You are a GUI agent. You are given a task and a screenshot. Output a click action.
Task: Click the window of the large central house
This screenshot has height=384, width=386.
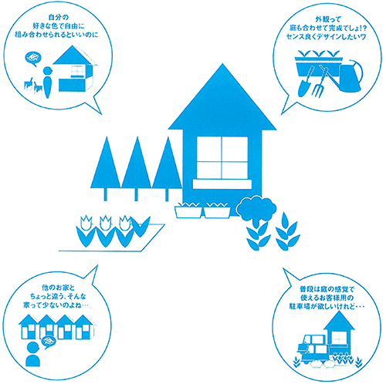point(222,157)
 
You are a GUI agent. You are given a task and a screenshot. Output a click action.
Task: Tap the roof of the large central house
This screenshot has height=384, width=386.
point(222,103)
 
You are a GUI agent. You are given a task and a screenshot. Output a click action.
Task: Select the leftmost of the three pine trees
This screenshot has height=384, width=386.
point(106,168)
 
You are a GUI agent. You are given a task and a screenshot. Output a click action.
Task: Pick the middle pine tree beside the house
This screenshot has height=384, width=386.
point(137,168)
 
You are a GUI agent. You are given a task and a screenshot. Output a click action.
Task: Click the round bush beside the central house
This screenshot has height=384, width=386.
point(256,210)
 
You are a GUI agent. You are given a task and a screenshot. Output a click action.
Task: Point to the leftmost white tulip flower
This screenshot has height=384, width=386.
point(86,223)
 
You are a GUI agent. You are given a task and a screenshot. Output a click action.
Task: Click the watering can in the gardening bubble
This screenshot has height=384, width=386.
point(350,76)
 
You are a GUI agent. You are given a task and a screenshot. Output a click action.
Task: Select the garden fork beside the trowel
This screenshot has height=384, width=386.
point(320,82)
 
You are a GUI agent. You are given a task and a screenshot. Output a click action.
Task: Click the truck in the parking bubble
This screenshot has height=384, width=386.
point(313,349)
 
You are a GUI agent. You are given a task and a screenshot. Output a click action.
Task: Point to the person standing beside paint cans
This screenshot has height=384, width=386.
point(48,83)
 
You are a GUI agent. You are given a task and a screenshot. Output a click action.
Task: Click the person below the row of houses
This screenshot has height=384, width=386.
point(33,355)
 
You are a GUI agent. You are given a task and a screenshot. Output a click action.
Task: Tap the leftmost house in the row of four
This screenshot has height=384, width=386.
point(29,327)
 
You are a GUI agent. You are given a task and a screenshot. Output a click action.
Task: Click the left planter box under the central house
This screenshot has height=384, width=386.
point(188,211)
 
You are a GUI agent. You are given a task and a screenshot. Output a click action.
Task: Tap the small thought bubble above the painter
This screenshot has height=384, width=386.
point(33,59)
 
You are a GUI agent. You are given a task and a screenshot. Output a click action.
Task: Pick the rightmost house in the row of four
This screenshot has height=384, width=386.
point(84,327)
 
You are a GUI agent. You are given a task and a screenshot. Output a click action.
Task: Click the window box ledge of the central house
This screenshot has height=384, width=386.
point(222,184)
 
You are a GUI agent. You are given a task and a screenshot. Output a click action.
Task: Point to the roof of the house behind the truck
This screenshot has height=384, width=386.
point(339,321)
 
